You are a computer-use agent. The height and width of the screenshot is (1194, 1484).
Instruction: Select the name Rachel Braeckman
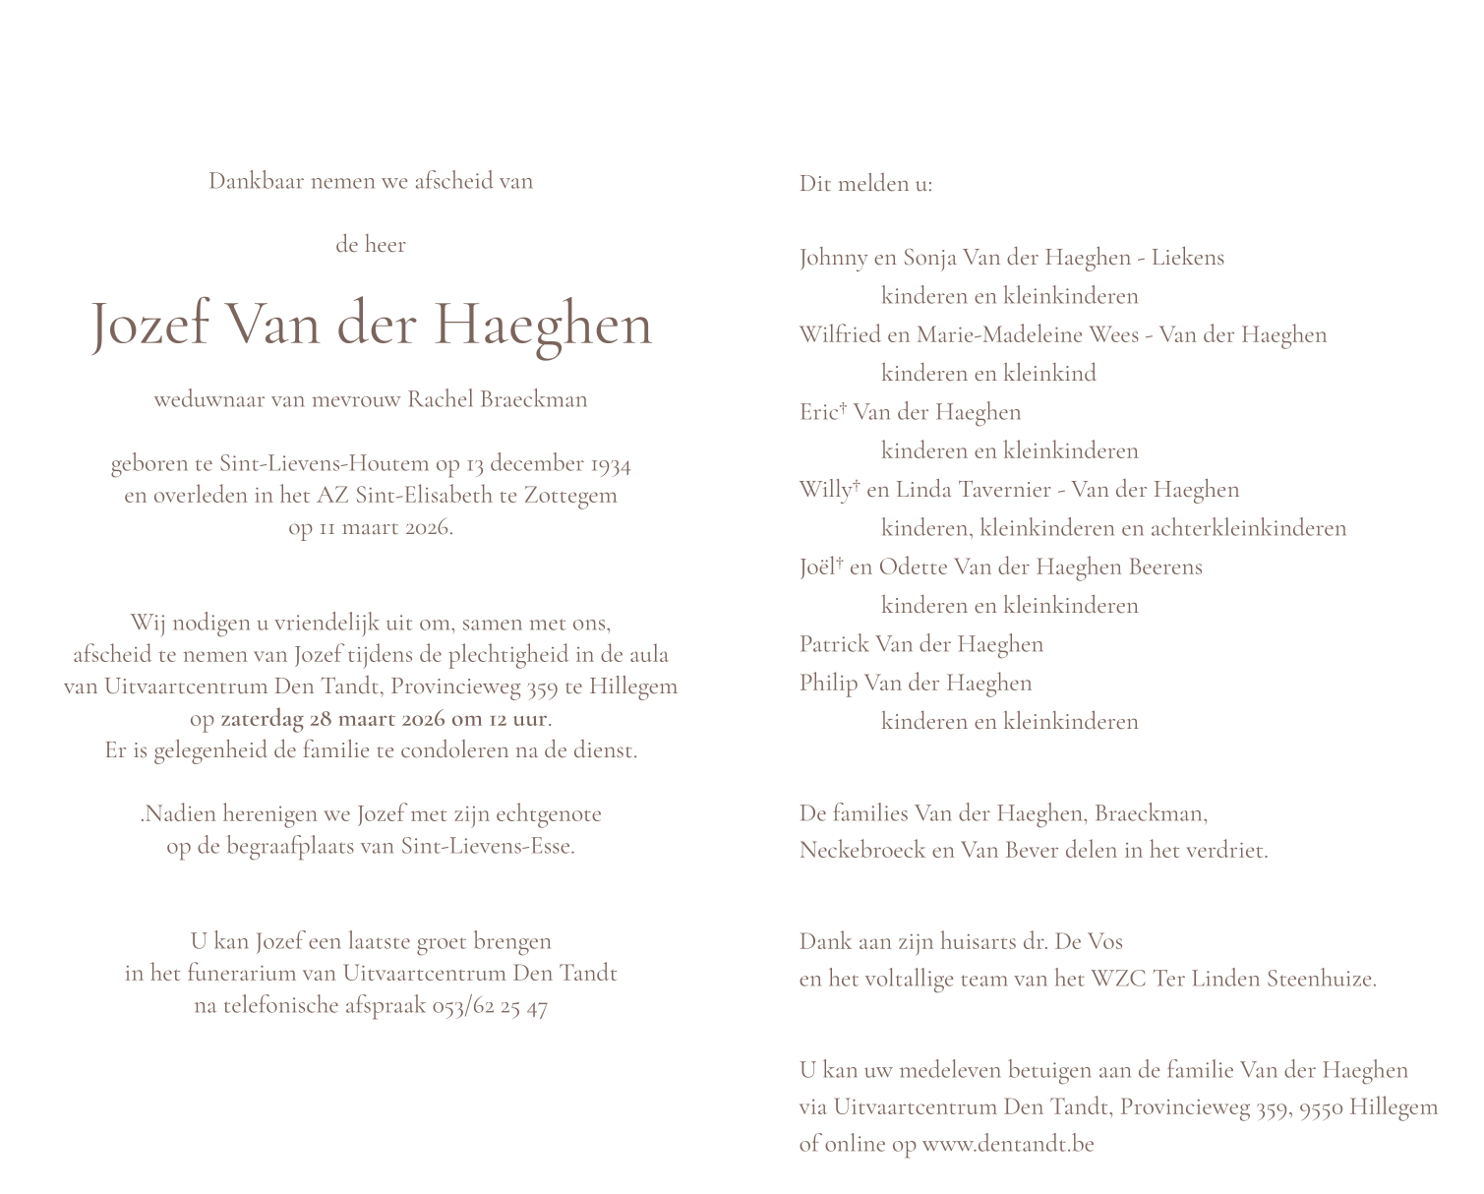click(x=497, y=399)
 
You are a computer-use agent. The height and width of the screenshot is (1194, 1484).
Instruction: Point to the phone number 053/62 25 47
click(x=490, y=1006)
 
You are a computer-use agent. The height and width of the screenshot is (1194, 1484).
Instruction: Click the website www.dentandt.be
click(x=1008, y=1144)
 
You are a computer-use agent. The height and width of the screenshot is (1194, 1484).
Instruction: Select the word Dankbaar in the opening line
click(x=257, y=181)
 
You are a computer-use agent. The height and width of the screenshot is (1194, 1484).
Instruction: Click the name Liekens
click(x=1188, y=258)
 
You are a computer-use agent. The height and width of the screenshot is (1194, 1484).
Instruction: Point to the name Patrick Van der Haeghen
click(x=920, y=644)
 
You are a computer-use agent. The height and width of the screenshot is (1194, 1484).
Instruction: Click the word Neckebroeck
click(x=861, y=850)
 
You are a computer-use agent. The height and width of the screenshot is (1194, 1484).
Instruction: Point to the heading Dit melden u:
click(x=865, y=184)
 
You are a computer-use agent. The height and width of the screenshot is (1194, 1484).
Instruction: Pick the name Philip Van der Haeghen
click(x=915, y=683)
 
